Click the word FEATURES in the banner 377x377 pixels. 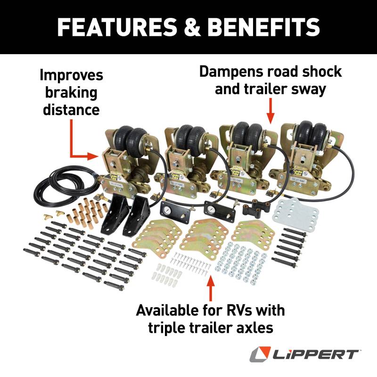pyautogui.click(x=117, y=27)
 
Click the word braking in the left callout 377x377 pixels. pyautogui.click(x=72, y=93)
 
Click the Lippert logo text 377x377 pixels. pyautogui.click(x=315, y=354)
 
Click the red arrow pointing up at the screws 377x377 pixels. pyautogui.click(x=211, y=287)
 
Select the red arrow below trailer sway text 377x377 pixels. pyautogui.click(x=270, y=111)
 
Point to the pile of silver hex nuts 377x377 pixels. pyautogui.click(x=240, y=262)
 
